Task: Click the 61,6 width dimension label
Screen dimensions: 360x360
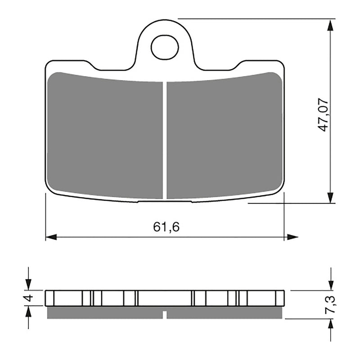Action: [166, 227]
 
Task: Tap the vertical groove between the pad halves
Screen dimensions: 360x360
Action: [165, 139]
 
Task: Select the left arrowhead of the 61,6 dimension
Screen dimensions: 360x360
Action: [51, 237]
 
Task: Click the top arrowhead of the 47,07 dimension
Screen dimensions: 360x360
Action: [330, 25]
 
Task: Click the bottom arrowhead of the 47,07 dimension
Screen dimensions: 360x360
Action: [330, 198]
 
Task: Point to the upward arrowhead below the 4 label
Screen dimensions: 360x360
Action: [28, 311]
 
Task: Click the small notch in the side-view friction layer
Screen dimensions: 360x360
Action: [165, 315]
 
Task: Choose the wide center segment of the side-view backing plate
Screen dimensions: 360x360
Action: [165, 298]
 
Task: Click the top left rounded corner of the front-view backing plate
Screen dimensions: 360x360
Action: [49, 64]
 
